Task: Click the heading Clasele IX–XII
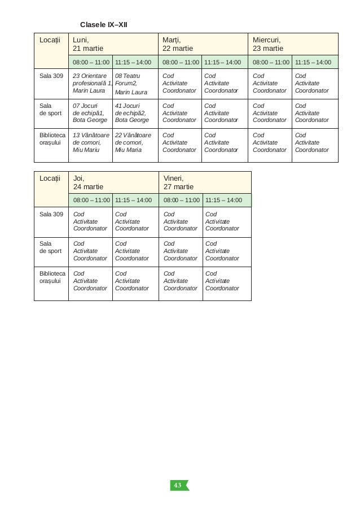tap(104, 25)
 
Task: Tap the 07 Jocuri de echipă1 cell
tap(90, 113)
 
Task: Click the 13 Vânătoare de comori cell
tap(90, 142)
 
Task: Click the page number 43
tap(178, 486)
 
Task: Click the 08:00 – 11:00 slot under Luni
tap(90, 62)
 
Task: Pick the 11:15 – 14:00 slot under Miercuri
tap(314, 62)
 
